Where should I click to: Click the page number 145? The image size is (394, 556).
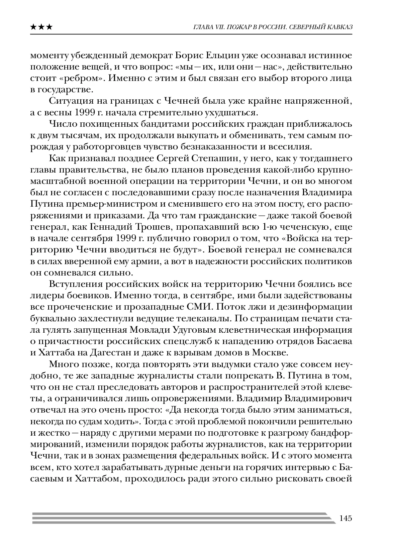[345, 519]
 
